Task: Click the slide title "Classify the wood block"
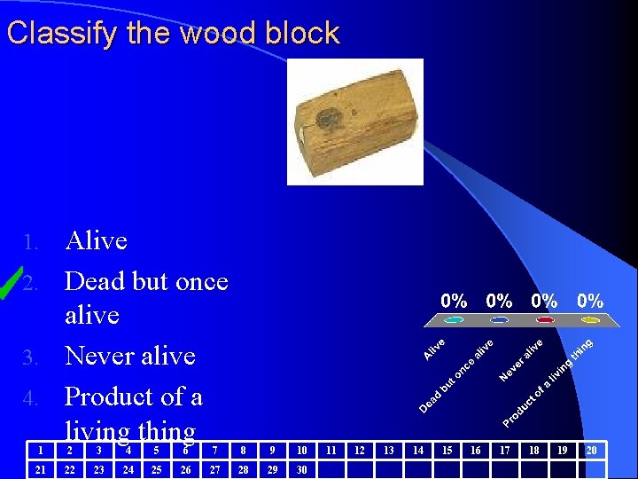(x=173, y=34)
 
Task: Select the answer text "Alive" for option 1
(x=97, y=240)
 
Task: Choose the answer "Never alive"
(x=130, y=356)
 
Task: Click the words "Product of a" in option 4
(x=134, y=396)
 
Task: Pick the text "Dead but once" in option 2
(x=146, y=281)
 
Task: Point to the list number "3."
(x=32, y=357)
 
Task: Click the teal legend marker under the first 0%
(x=455, y=319)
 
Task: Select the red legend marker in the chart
(x=544, y=319)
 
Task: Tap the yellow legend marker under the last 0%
(x=589, y=319)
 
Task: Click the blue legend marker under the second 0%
(x=500, y=319)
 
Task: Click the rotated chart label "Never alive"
(x=521, y=360)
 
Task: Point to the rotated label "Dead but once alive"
(x=455, y=373)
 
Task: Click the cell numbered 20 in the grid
(x=591, y=451)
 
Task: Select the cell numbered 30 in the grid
(x=301, y=469)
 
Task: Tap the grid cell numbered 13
(x=388, y=451)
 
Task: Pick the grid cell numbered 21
(x=40, y=469)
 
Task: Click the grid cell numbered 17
(x=504, y=451)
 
